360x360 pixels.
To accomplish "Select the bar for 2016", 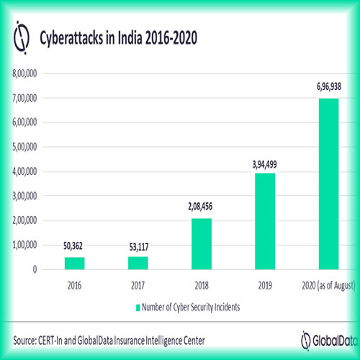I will click(x=75, y=263).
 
